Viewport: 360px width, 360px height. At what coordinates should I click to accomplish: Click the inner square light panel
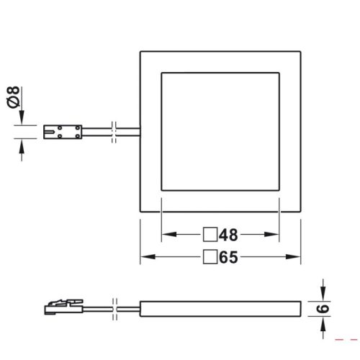coord(220,132)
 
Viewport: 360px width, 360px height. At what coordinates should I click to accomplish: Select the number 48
coord(228,235)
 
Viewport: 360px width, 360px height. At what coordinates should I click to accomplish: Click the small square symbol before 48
coord(210,235)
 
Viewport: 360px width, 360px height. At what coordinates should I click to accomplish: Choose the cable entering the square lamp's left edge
coord(130,132)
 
